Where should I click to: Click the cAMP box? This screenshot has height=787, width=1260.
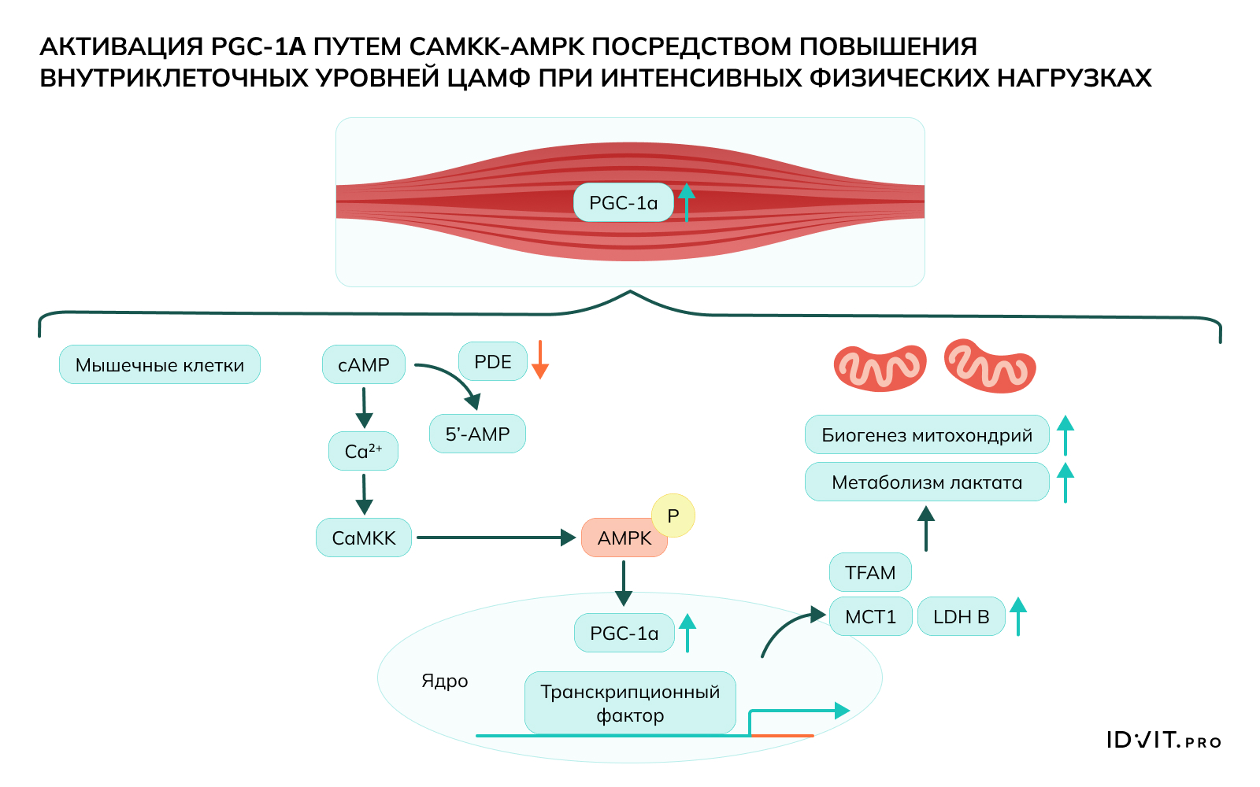click(364, 365)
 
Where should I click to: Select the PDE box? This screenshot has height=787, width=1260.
click(493, 362)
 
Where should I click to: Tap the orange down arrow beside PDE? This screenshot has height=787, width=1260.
click(540, 360)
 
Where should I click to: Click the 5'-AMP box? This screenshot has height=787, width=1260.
click(477, 434)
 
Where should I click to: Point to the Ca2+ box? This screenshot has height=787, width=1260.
click(363, 451)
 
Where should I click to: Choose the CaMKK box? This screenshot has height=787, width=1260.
click(364, 538)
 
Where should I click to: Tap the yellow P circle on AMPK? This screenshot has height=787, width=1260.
click(673, 515)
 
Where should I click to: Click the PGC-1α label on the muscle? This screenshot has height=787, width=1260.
click(623, 203)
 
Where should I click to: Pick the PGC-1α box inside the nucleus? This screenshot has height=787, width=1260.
click(624, 634)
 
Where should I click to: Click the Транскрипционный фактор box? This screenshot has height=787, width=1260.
click(630, 703)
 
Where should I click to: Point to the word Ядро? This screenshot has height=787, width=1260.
click(445, 681)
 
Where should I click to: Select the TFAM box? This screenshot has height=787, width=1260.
click(870, 573)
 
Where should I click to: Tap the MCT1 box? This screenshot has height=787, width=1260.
click(870, 617)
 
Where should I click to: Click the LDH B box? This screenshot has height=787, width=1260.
click(961, 617)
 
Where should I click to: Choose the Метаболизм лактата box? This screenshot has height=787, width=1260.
click(927, 482)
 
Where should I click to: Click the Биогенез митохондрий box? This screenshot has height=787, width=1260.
click(927, 435)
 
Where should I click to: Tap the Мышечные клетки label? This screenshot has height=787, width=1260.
click(160, 365)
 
